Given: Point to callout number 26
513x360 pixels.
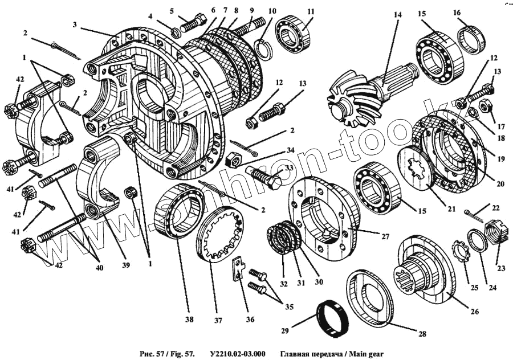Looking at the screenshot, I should (x=475, y=312).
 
